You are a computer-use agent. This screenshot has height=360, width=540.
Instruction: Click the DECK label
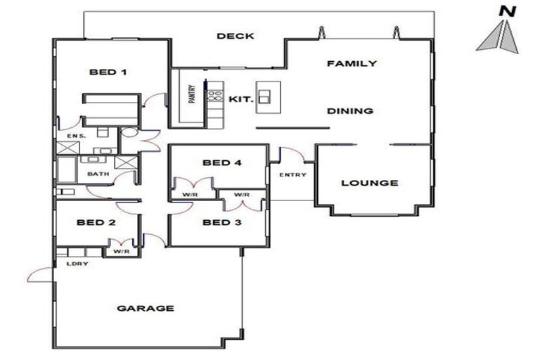[x=235, y=37]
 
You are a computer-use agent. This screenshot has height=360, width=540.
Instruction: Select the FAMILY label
[x=352, y=63]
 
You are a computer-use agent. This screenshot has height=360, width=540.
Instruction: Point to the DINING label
[x=350, y=111]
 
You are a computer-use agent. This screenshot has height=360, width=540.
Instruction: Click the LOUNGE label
[x=369, y=183]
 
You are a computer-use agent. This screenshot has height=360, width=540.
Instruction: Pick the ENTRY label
[x=292, y=174]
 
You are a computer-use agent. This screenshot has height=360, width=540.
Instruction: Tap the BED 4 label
[x=221, y=163]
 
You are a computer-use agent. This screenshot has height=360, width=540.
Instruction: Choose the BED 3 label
[x=221, y=224]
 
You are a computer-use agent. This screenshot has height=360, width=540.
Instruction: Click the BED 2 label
[x=96, y=223]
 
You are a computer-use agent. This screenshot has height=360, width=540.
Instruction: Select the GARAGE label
[x=146, y=308]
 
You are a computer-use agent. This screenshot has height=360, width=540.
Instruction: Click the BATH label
[x=96, y=173]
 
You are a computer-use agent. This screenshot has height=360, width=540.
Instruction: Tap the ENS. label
[x=75, y=135]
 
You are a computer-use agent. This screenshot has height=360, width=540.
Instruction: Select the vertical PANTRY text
[x=191, y=95]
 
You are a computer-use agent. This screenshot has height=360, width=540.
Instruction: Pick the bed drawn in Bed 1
[x=112, y=109]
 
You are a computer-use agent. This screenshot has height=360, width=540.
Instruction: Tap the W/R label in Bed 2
[x=121, y=250]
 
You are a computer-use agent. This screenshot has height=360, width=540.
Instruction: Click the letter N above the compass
[x=505, y=11]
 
